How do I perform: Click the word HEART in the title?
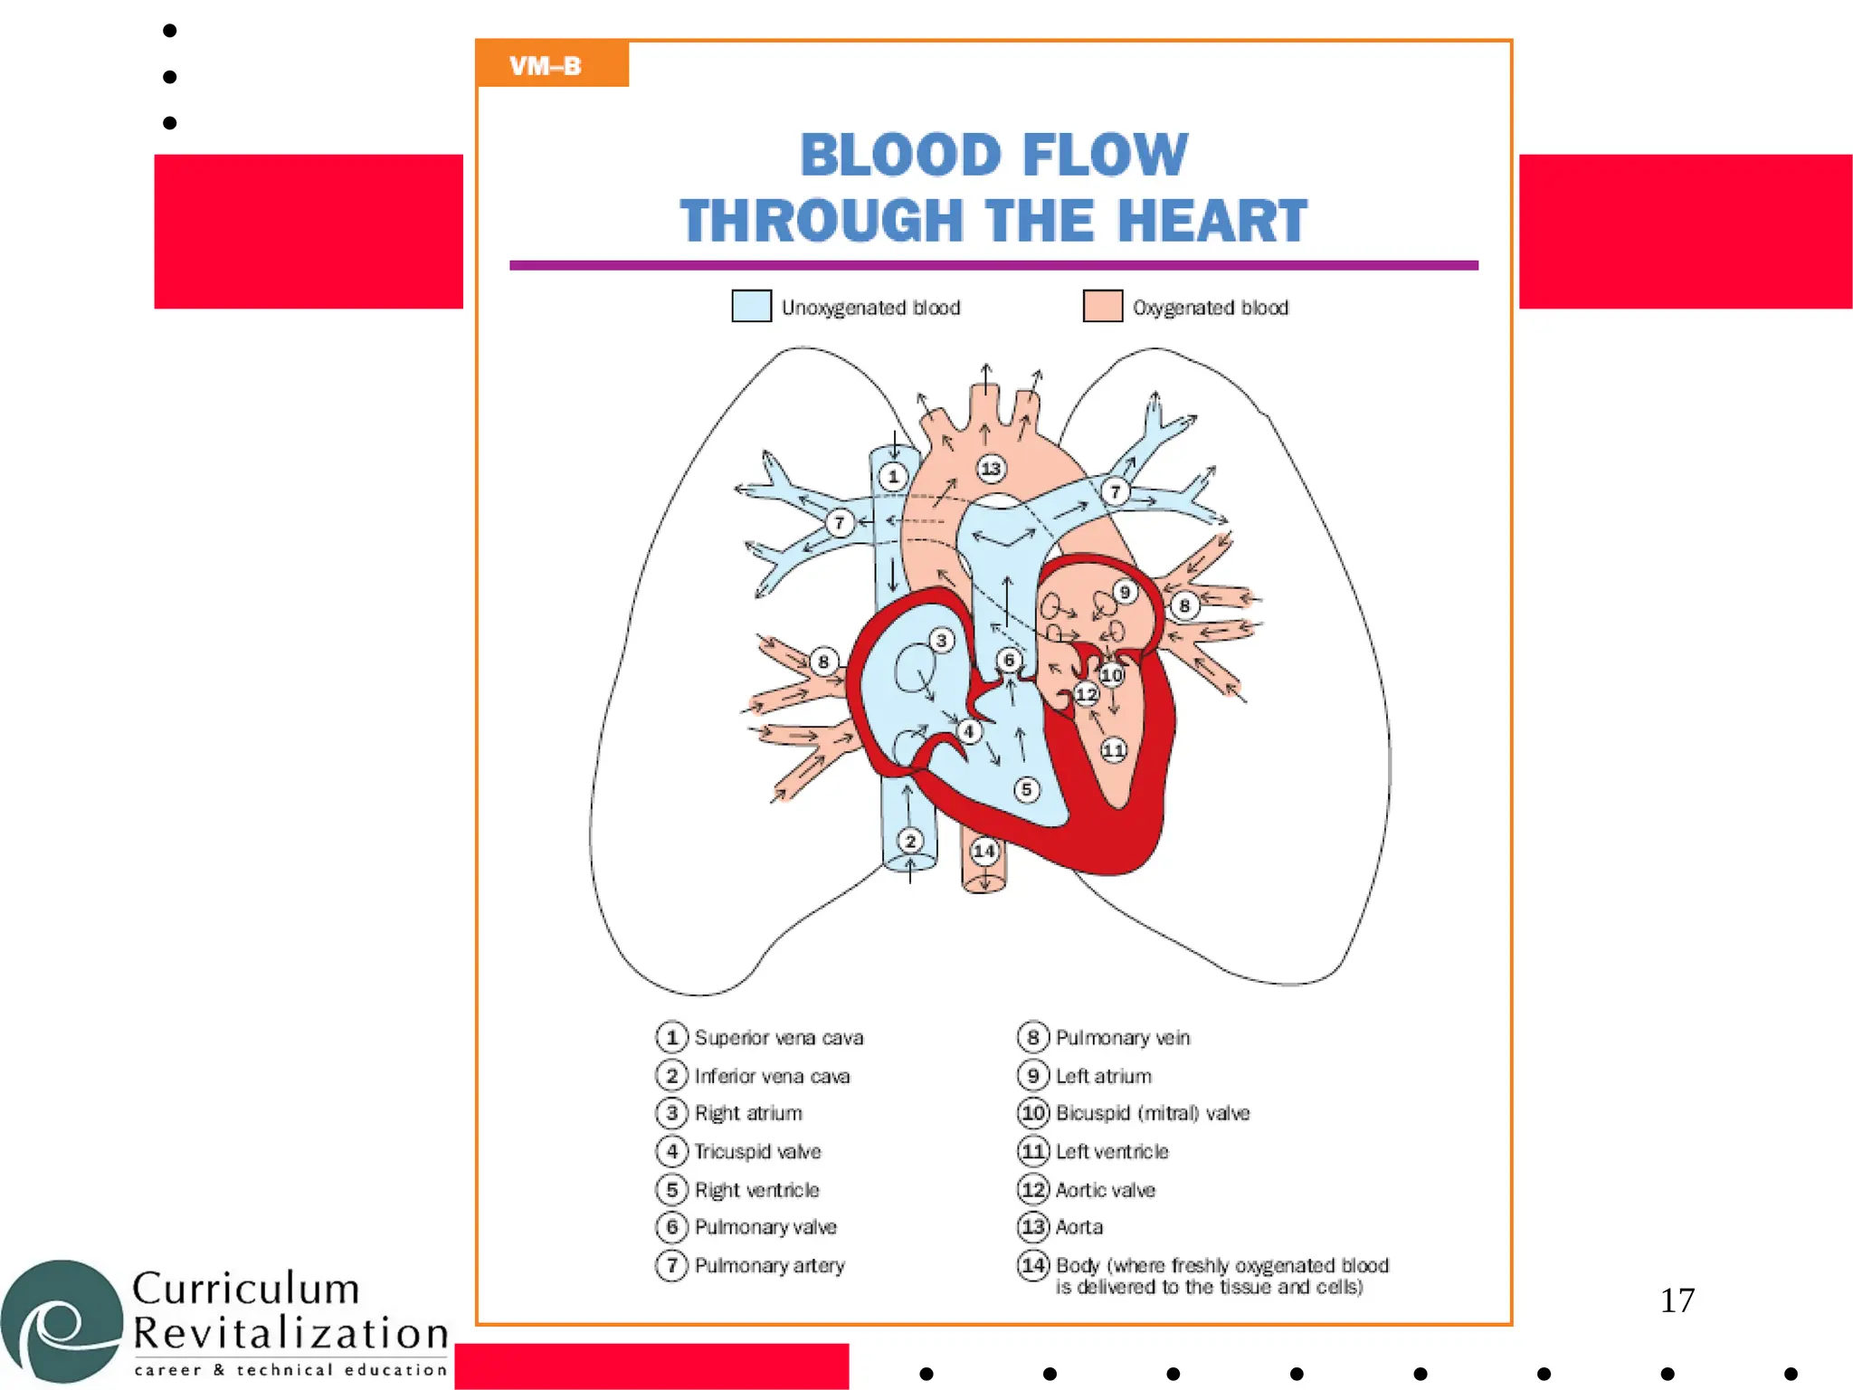1212,220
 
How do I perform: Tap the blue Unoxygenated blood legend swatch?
751,306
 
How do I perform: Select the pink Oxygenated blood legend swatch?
1102,306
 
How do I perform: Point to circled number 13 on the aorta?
991,468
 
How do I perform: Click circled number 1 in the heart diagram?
893,476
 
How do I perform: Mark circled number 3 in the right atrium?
941,641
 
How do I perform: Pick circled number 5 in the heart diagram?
1026,789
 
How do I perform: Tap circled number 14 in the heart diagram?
984,851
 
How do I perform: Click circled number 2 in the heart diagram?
910,841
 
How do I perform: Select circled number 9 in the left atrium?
1124,593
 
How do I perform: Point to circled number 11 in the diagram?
1114,749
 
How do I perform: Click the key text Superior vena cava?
778,1037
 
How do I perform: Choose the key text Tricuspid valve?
757,1151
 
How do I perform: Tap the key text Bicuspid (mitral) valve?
1152,1112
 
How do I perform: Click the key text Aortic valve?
1105,1189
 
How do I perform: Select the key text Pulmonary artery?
769,1265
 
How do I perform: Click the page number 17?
1677,1300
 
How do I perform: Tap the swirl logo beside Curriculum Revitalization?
62,1321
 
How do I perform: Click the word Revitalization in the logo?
290,1333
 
